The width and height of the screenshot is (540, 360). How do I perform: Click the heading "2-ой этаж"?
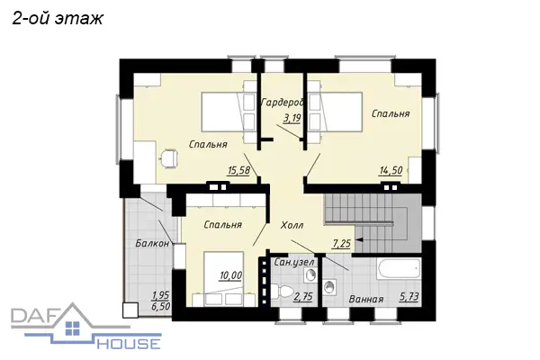tap(58, 19)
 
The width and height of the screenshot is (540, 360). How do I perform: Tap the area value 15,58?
tap(238, 170)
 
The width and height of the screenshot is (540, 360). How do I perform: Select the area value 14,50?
tap(391, 170)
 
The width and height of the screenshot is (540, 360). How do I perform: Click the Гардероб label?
tap(283, 103)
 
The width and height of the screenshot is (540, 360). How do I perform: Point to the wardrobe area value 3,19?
tap(292, 118)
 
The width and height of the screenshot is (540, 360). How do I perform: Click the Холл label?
tap(292, 225)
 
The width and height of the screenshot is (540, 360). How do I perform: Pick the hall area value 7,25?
tap(341, 244)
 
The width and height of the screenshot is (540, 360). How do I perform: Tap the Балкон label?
tap(152, 243)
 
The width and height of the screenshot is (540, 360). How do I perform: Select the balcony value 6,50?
tap(161, 306)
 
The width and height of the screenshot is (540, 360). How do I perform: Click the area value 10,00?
tap(231, 275)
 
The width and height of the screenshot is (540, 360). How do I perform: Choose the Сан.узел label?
tap(294, 263)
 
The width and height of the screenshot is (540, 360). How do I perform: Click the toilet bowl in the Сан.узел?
tap(281, 292)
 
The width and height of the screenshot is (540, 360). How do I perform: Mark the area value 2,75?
tap(303, 297)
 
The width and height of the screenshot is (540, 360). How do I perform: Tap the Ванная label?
tap(366, 299)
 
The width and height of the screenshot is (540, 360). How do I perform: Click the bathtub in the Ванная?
tap(399, 269)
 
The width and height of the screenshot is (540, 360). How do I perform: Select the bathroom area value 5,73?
tap(409, 297)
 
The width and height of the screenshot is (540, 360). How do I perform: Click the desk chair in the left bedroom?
tap(169, 158)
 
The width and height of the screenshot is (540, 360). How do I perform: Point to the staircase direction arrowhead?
tap(358, 239)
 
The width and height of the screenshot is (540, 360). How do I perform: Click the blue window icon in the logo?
tap(72, 328)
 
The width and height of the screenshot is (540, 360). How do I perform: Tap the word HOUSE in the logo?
tap(129, 344)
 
